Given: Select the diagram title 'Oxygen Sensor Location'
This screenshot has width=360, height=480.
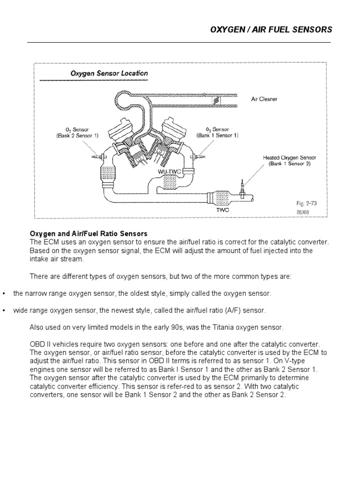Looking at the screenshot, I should [x=109, y=73].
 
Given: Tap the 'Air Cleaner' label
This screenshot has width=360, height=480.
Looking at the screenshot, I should [x=264, y=99].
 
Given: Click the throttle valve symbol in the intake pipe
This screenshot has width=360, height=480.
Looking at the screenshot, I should [x=217, y=100].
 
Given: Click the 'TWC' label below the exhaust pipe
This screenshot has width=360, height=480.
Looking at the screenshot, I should [x=222, y=210].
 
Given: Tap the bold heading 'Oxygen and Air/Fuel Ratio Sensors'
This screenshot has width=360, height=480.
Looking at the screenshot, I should [x=89, y=233].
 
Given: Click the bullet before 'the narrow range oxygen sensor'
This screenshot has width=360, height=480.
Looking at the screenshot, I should [x=4, y=293].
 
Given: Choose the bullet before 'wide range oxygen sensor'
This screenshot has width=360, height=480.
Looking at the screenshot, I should [x=4, y=311].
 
